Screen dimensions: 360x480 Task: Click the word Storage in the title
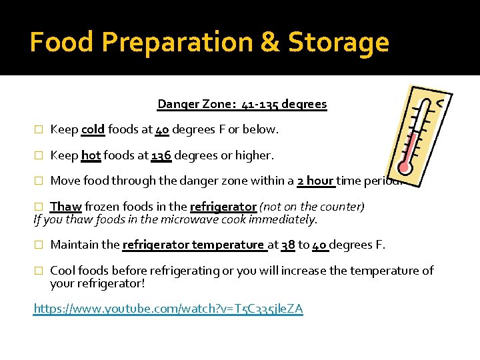click(x=339, y=43)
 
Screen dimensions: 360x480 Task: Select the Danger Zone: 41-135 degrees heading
click(x=242, y=104)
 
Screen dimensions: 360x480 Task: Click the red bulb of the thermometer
click(x=404, y=165)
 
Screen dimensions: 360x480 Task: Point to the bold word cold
click(x=93, y=129)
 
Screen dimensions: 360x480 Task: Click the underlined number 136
click(x=161, y=155)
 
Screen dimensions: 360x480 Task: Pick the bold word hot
click(x=91, y=155)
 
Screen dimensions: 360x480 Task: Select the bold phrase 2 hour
click(x=315, y=181)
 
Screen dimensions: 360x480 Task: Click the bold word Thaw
click(x=65, y=207)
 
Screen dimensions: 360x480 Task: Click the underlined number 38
click(x=288, y=245)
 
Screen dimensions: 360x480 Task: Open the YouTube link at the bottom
click(x=168, y=309)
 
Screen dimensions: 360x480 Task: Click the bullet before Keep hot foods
click(x=39, y=156)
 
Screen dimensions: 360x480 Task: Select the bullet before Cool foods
click(x=39, y=271)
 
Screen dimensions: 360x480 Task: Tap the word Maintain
click(x=75, y=245)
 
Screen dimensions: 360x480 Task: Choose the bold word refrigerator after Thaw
click(x=223, y=207)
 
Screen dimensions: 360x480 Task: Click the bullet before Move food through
click(x=39, y=181)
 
